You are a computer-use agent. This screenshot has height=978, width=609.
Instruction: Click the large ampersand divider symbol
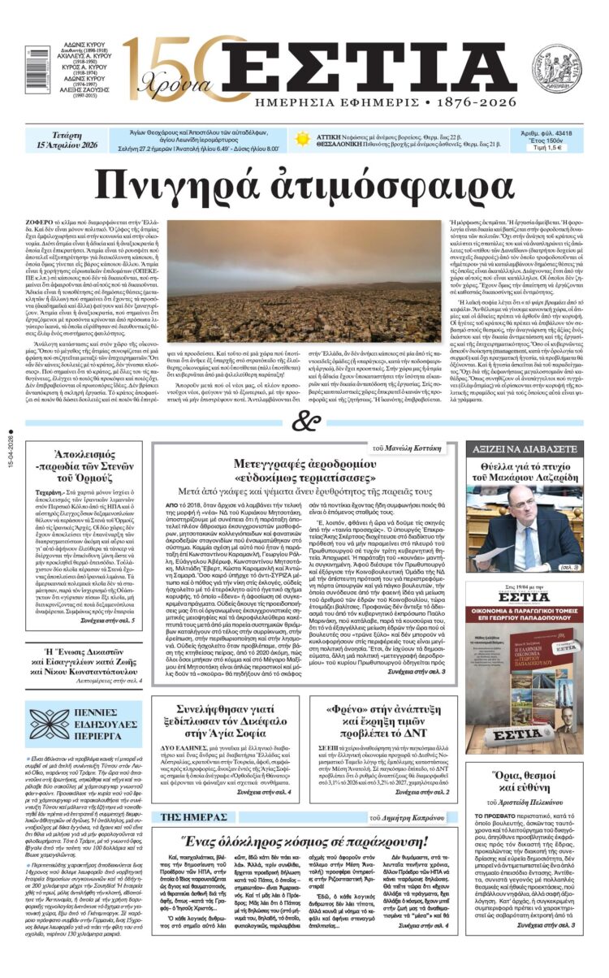tap(304, 422)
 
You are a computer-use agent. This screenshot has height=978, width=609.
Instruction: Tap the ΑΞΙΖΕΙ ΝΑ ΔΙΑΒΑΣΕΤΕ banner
tap(535, 448)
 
